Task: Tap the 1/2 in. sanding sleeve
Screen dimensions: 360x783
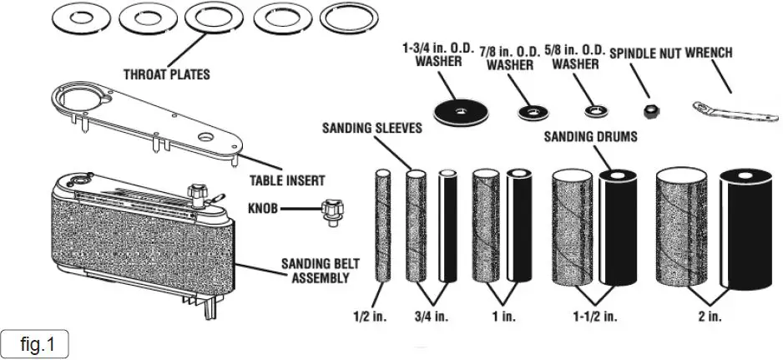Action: point(384,226)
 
